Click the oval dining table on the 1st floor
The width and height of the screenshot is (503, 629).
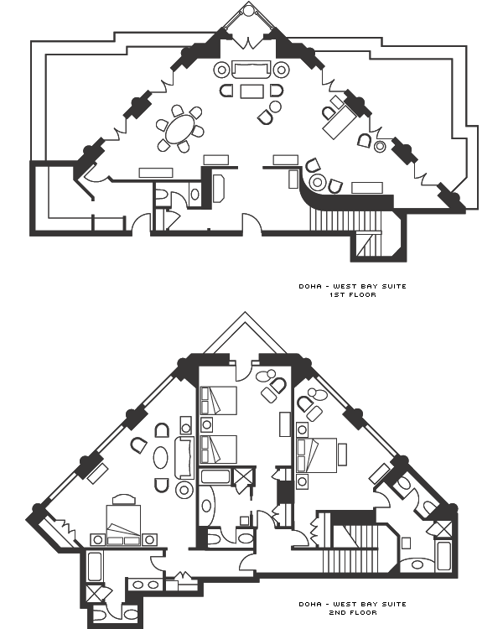[179, 129]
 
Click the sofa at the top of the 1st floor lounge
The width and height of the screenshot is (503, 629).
[251, 70]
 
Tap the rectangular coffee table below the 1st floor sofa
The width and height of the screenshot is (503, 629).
[251, 91]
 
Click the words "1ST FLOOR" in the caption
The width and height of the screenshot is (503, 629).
[353, 295]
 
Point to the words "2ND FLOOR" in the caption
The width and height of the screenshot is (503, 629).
[353, 612]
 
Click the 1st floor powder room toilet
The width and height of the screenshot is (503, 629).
[161, 195]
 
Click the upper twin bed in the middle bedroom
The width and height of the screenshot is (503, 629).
[219, 400]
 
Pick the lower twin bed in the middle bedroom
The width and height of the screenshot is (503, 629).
[219, 450]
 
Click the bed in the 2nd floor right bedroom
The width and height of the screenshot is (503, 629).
[317, 455]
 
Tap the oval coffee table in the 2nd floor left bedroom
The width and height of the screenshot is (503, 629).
[161, 457]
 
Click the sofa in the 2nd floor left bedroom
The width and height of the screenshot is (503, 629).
[184, 457]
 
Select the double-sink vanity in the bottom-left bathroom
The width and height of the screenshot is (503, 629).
[145, 585]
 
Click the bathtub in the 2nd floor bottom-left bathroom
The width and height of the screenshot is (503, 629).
[95, 566]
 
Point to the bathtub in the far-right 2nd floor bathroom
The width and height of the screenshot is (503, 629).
[444, 556]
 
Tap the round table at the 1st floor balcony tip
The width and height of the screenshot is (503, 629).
[249, 10]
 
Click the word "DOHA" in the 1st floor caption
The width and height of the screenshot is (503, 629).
[310, 287]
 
